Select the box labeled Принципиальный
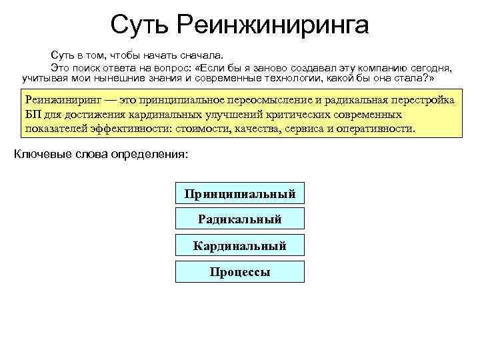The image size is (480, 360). click(240, 193)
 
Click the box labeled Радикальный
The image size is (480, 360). click(240, 219)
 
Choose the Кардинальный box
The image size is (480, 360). click(240, 246)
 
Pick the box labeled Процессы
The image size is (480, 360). click(240, 272)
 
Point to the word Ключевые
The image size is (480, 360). click(41, 155)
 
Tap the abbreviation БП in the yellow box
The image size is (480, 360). click(34, 114)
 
